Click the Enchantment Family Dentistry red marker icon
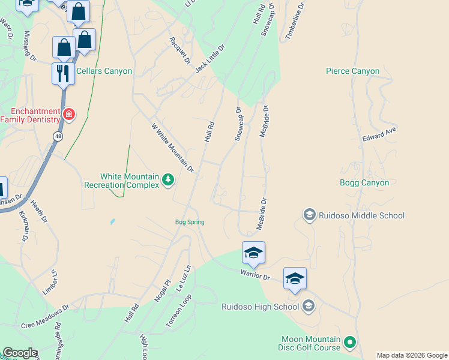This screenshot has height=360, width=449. (x=70, y=114)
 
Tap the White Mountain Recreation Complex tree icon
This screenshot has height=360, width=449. (x=169, y=179)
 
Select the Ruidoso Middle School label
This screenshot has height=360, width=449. (x=361, y=215)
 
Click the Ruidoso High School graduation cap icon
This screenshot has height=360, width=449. (x=309, y=307)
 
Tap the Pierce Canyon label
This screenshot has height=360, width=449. (x=352, y=71)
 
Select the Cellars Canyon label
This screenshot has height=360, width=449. (x=104, y=71)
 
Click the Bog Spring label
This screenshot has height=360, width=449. (x=190, y=222)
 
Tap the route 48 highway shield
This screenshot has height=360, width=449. (x=56, y=136)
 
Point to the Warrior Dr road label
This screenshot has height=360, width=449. (x=256, y=277)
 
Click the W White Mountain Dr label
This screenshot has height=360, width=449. (x=172, y=148)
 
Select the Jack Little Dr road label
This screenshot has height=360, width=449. (x=209, y=59)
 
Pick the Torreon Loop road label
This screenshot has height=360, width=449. (x=179, y=311)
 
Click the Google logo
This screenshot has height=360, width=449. (x=20, y=353)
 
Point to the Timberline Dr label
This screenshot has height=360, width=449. (x=295, y=20)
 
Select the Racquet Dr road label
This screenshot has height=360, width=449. (x=179, y=50)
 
